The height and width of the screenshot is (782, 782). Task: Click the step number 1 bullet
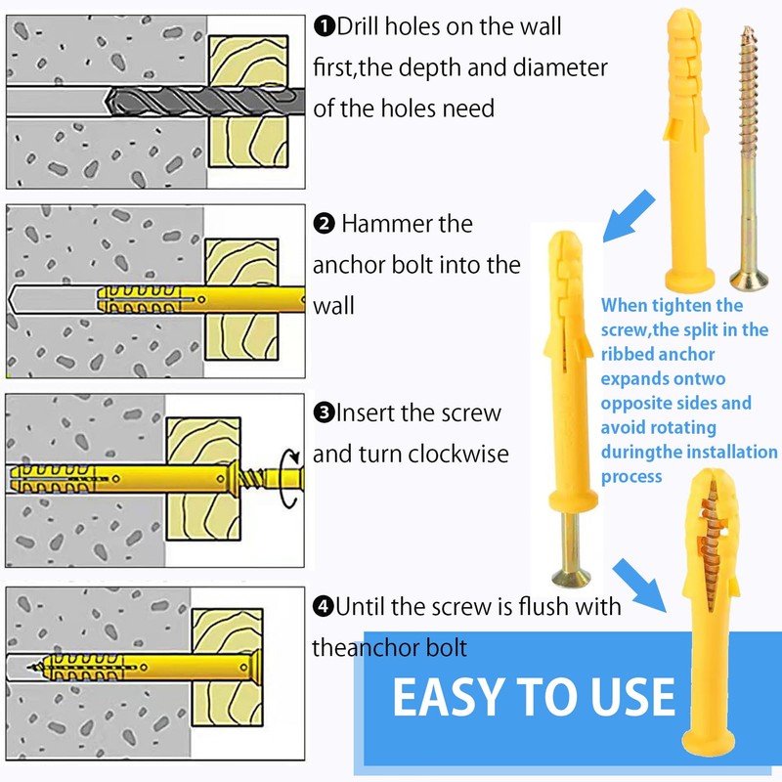pos(325,26)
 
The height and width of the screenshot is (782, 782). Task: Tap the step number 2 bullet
pos(325,224)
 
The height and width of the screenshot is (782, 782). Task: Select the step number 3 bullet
pos(325,413)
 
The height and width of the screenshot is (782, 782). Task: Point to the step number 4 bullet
pos(324,607)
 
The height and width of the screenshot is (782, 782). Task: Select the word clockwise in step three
pos(457,454)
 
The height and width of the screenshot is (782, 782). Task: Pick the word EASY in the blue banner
pos(448,697)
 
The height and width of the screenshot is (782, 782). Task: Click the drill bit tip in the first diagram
pos(107,103)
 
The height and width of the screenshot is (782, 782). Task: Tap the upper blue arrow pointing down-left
pos(628,216)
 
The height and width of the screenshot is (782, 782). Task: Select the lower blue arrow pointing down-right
pos(640,585)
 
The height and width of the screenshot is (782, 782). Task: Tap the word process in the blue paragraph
pos(631,477)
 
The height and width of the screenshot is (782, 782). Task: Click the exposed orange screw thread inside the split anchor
pos(711,543)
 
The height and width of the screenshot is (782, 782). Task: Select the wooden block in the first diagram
pos(248,102)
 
